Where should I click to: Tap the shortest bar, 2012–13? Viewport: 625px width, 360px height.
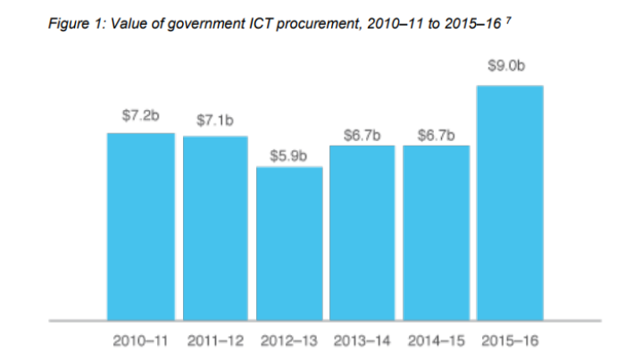pos(288,243)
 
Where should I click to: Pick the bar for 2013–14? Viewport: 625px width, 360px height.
pos(362,232)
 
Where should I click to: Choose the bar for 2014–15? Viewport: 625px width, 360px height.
pos(437,232)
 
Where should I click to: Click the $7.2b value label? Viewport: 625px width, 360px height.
pos(140,116)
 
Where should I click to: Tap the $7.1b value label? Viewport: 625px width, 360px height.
pos(214,120)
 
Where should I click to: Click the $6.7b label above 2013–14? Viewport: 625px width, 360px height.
pos(362,135)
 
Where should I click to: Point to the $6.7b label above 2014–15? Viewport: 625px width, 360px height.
pos(436,135)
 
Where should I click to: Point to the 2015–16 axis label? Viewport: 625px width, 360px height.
pos(510,340)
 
